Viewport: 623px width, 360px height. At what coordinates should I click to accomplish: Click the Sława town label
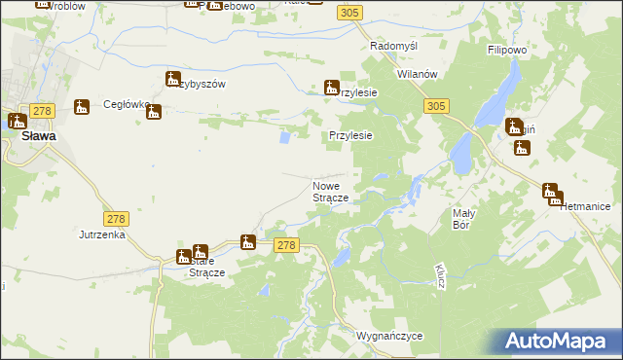click(38, 137)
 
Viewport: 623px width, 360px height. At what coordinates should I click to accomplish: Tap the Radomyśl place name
click(394, 46)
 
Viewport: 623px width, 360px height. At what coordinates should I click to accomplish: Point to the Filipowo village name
click(506, 47)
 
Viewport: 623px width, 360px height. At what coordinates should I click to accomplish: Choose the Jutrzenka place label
click(104, 234)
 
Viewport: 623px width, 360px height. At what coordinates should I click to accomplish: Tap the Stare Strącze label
click(206, 267)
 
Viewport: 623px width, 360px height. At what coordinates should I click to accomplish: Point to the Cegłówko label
click(124, 105)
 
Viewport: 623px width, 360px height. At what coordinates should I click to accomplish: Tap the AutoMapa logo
click(559, 342)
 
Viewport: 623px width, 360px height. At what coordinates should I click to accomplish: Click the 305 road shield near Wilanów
click(436, 105)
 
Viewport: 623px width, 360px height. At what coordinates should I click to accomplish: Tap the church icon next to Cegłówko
click(153, 113)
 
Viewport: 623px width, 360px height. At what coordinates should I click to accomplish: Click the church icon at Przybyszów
click(173, 80)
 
